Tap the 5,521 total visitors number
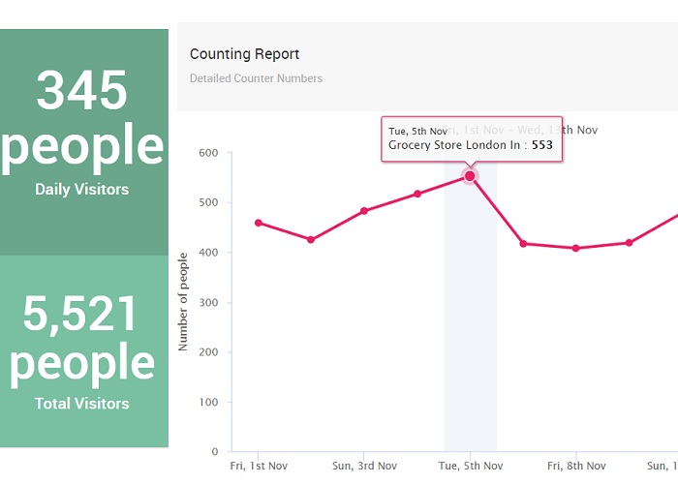[82, 313]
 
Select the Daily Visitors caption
[82, 190]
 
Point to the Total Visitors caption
[82, 403]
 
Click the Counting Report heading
[244, 54]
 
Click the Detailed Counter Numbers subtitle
[256, 78]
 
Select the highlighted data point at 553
[470, 176]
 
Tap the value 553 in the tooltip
[542, 145]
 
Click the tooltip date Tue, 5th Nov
[417, 131]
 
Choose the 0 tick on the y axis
[215, 452]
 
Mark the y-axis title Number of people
[183, 301]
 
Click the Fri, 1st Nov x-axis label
[259, 466]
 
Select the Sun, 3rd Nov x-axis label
[364, 466]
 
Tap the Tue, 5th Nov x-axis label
[470, 466]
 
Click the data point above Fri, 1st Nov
[259, 223]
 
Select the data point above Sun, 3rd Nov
[364, 211]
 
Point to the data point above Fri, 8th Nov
[575, 248]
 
